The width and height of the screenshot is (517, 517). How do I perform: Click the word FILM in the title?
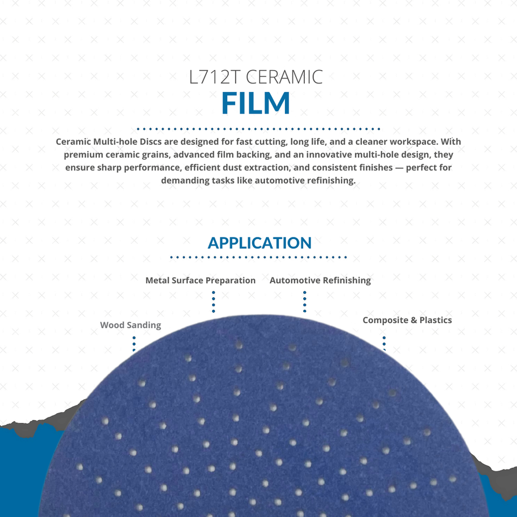[x=256, y=103]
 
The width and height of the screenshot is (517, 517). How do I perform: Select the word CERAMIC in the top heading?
[x=284, y=77]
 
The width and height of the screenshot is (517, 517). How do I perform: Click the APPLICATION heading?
[x=260, y=243]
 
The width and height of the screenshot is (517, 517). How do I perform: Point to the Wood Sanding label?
[x=130, y=325]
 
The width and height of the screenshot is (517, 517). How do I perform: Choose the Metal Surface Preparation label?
[x=200, y=281]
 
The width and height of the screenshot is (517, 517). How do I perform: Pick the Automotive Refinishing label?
[x=320, y=281]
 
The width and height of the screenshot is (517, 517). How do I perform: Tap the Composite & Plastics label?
[x=407, y=320]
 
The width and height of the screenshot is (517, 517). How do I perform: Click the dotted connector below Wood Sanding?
[x=134, y=344]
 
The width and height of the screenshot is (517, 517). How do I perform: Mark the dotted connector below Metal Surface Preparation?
[x=214, y=302]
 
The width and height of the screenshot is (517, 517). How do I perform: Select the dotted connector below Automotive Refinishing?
[x=305, y=302]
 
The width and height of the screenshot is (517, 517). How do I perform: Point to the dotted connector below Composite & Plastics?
[x=384, y=343]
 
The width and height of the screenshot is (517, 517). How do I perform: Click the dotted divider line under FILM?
[x=258, y=129]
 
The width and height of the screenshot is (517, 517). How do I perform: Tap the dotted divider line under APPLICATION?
[x=258, y=257]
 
